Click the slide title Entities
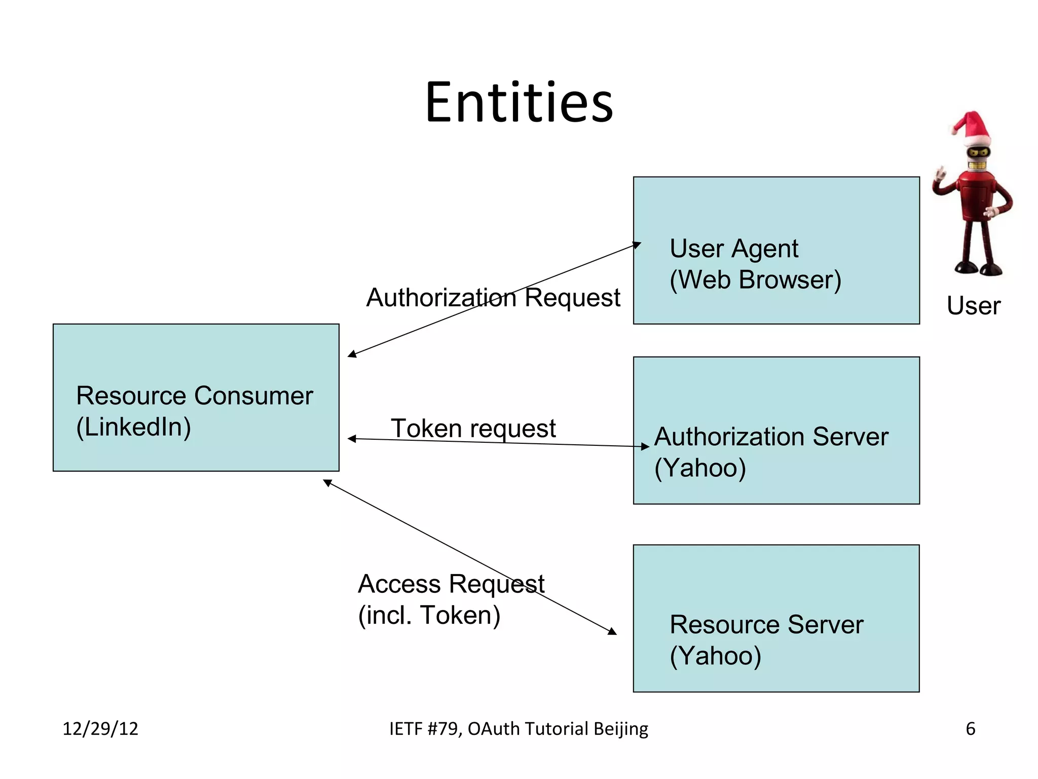(x=519, y=103)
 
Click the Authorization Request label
(x=493, y=298)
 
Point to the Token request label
(x=473, y=429)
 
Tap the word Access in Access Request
(x=399, y=584)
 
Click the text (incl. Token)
(x=429, y=616)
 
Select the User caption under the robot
(x=973, y=306)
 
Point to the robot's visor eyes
(x=978, y=153)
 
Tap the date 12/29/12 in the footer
(x=100, y=729)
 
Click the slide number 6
(x=970, y=729)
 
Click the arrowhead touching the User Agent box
(x=637, y=245)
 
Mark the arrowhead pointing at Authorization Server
(x=645, y=447)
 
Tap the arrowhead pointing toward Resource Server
(x=612, y=631)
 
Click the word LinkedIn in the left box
(x=133, y=427)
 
